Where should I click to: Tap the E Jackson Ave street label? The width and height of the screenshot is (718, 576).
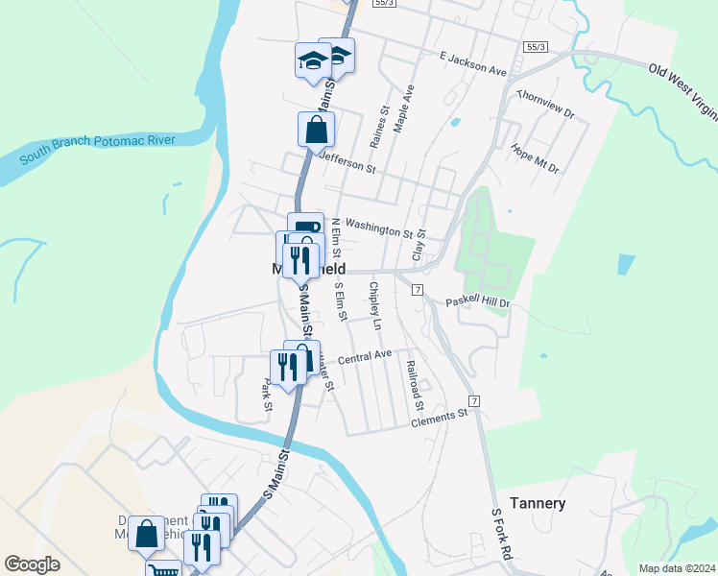point(472,64)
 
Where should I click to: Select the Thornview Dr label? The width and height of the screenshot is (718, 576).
point(544,105)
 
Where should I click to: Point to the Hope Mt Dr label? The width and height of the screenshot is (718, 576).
point(535,158)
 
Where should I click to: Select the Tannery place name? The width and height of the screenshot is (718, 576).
point(538,503)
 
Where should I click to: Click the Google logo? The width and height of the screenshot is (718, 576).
point(33,564)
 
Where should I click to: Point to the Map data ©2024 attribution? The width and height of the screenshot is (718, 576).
point(677,568)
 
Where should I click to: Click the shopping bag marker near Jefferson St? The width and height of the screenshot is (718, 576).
point(316,128)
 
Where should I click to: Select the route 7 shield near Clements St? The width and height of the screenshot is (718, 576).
point(474,398)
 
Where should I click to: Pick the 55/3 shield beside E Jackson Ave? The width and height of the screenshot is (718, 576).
point(536,47)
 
